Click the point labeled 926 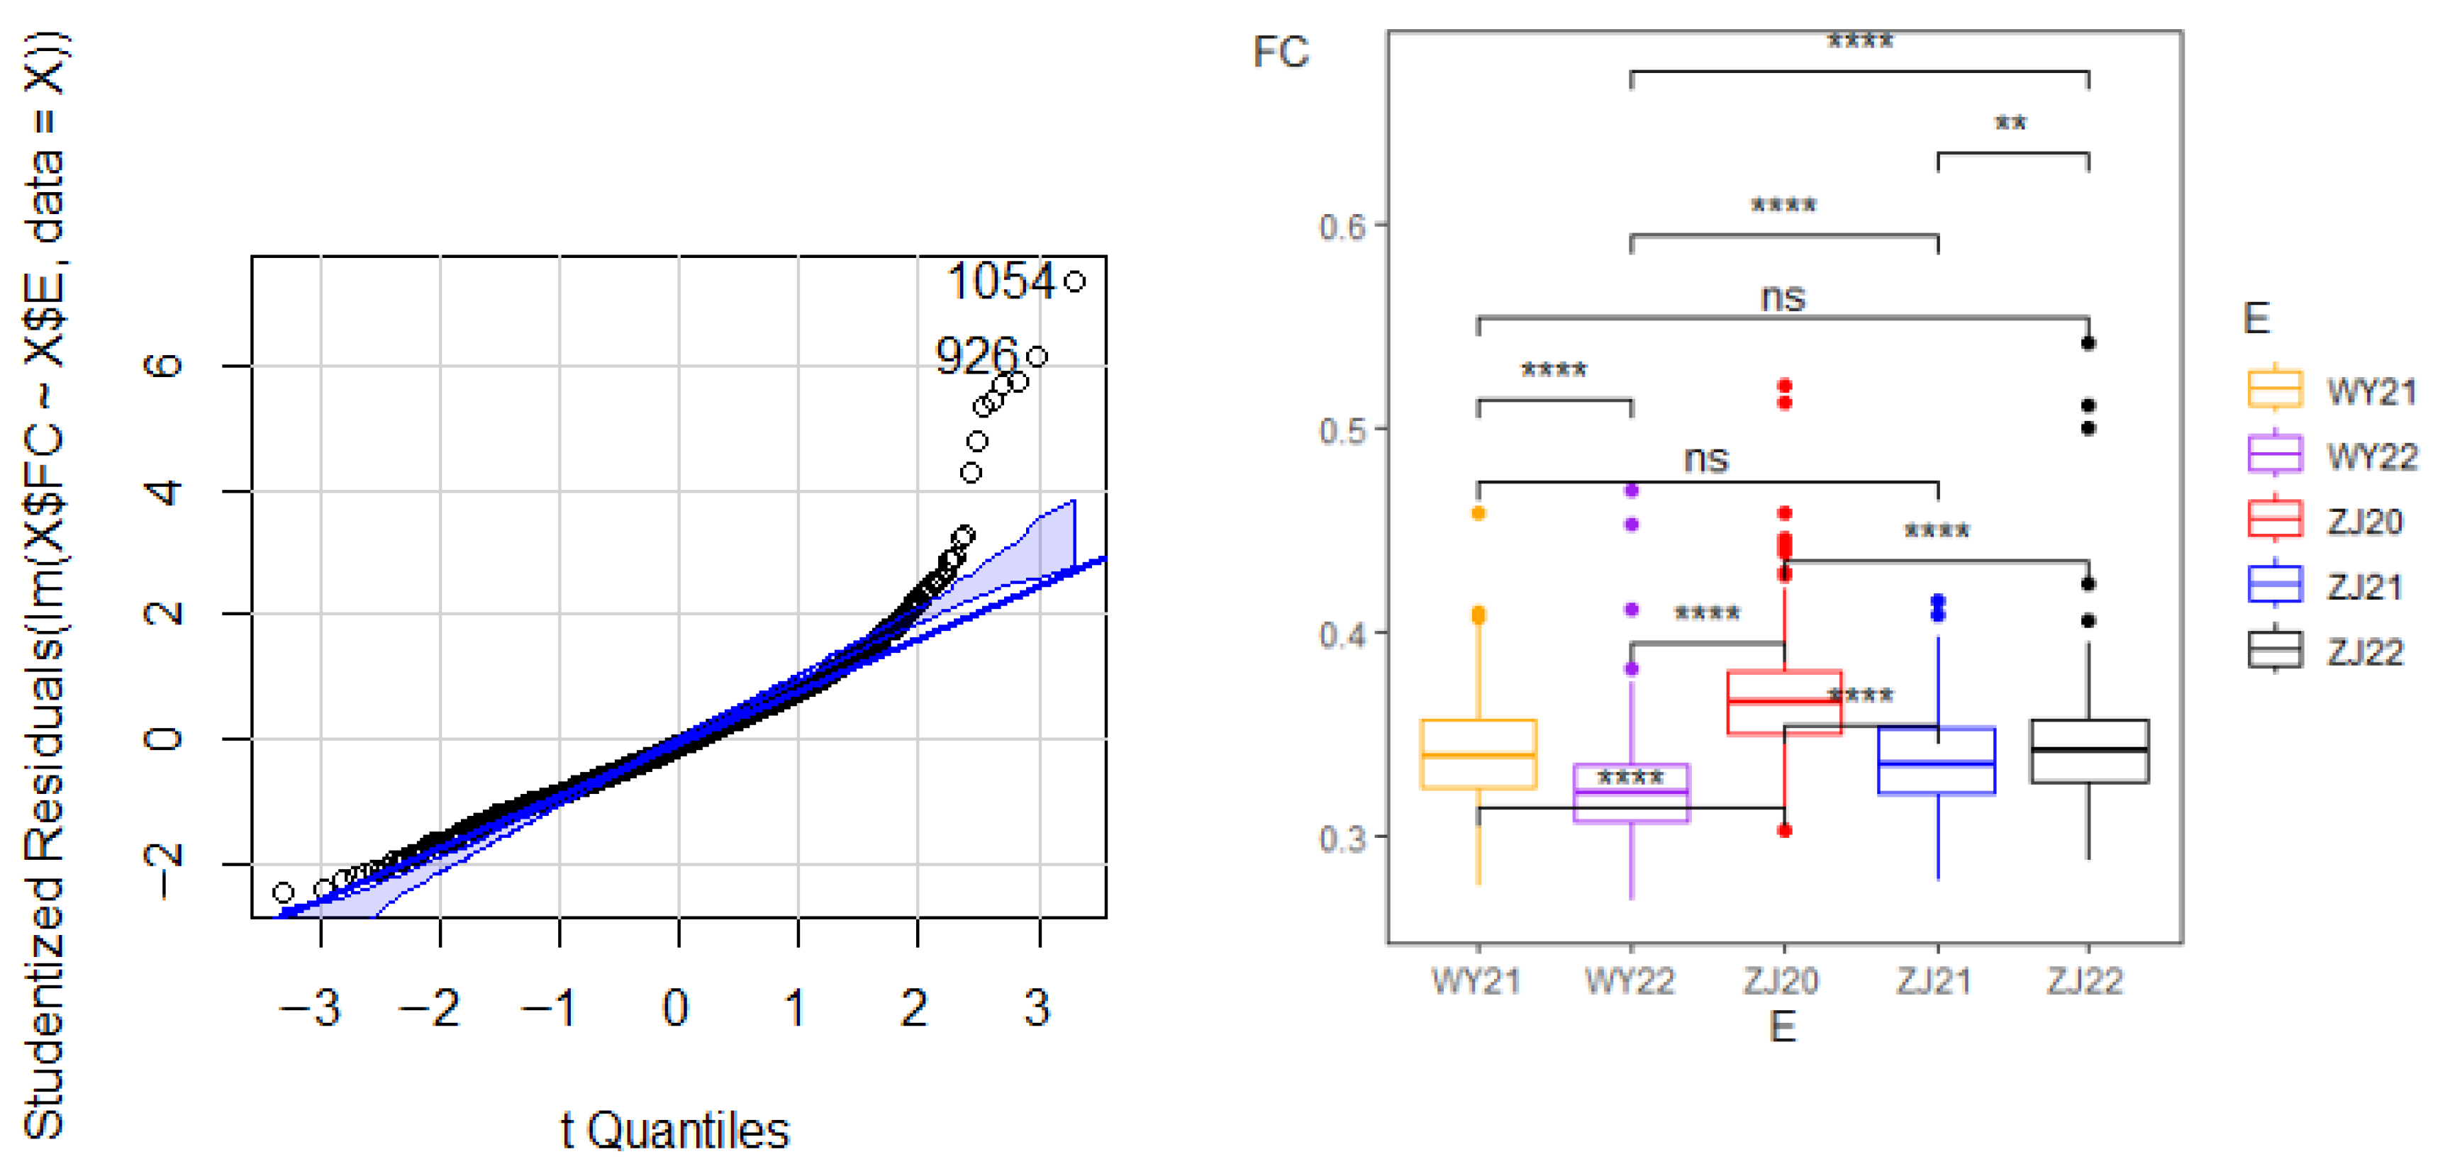click(1037, 356)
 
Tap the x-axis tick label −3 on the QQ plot click(311, 1007)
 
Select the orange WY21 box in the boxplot click(1478, 754)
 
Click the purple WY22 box click(1631, 793)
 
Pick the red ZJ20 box click(1784, 702)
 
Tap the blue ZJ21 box click(1937, 761)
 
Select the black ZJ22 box click(2088, 751)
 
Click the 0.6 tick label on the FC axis click(1342, 227)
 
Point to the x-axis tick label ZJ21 click(1934, 980)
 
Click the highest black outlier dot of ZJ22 click(2088, 344)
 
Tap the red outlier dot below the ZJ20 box click(1784, 831)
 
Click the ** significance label click(2010, 123)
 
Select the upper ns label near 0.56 click(1783, 298)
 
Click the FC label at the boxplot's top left click(1281, 52)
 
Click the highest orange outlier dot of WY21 click(1478, 513)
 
